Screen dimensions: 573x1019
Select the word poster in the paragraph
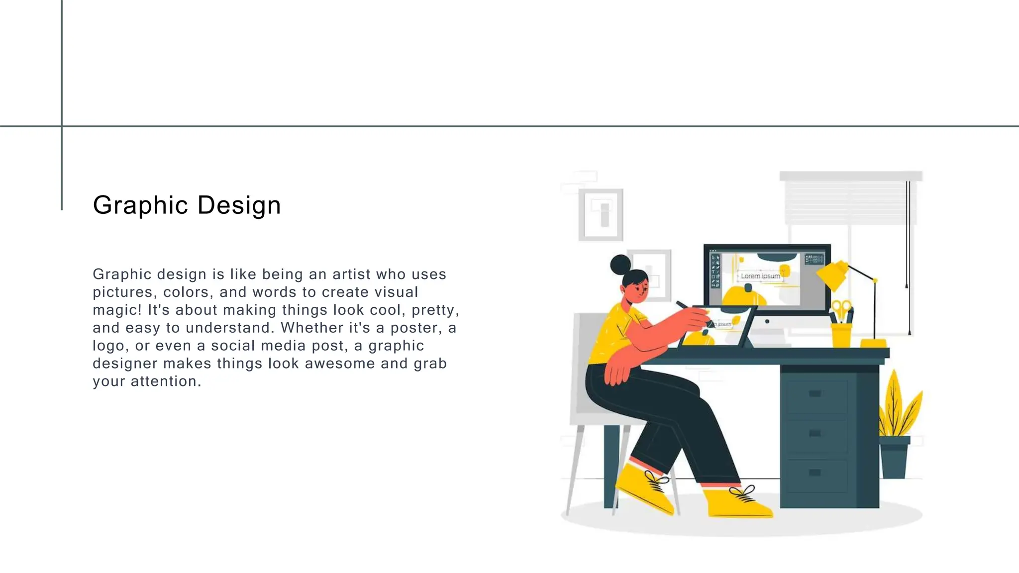416,328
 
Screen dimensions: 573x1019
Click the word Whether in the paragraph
308,328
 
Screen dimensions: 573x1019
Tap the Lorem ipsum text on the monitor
760,276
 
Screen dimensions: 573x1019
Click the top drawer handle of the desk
815,394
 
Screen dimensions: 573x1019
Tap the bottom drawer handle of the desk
815,473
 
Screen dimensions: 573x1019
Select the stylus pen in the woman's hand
684,305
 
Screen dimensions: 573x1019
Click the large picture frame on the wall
601,214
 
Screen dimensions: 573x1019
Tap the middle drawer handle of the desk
815,433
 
